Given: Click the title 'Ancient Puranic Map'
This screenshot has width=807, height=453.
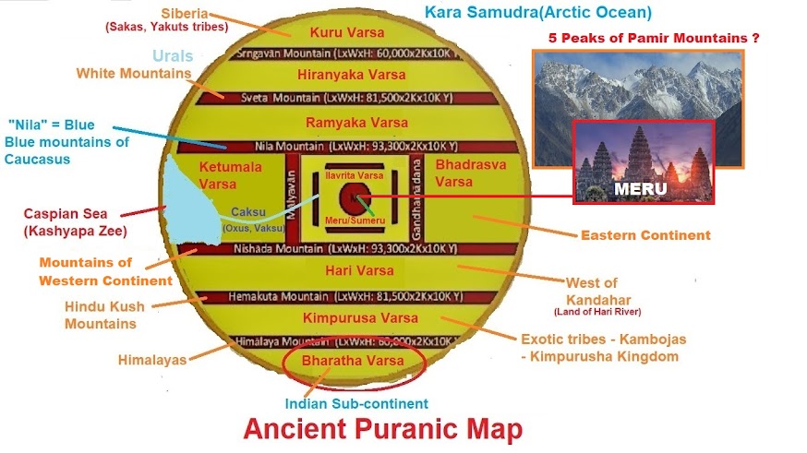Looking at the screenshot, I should tap(382, 430).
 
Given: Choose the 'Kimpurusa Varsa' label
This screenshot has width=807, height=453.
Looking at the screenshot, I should tap(349, 317).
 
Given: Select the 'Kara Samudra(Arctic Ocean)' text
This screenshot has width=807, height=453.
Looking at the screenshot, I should tap(538, 13).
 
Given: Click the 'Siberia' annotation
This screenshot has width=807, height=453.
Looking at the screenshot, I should tap(187, 14).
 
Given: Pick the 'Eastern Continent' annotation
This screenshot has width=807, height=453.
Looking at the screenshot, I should tap(644, 235).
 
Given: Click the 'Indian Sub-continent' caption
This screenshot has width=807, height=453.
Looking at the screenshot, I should tap(356, 403).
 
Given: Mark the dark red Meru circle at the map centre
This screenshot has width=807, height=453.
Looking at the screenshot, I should tap(352, 197).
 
